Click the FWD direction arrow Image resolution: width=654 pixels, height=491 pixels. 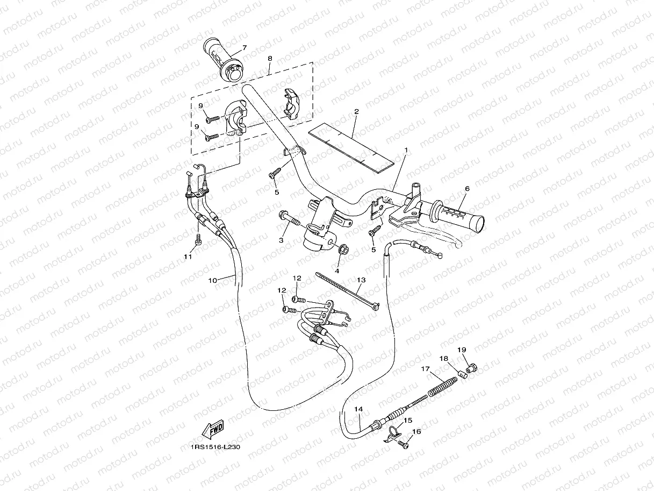[x=213, y=429]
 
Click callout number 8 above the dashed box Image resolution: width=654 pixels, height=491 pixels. [x=269, y=58]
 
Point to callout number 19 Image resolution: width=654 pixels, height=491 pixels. [x=461, y=350]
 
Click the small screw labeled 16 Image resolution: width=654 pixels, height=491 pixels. [x=403, y=444]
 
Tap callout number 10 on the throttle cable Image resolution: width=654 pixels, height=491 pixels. [x=212, y=280]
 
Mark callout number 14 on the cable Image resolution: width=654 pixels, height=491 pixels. [x=358, y=409]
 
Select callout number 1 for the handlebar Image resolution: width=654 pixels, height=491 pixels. [x=406, y=150]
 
